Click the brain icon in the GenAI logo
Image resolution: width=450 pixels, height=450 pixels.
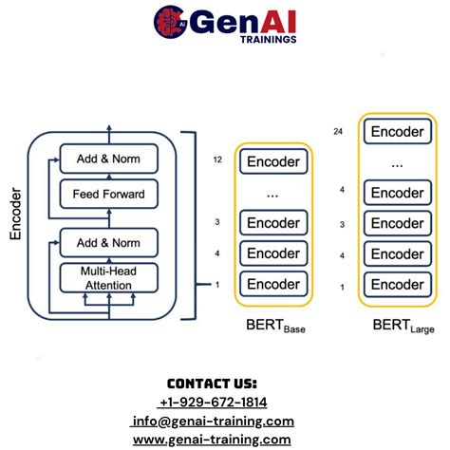pos(169,22)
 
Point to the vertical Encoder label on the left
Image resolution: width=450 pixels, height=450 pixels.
pos(16,217)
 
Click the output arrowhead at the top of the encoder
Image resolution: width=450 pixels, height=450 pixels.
pos(108,126)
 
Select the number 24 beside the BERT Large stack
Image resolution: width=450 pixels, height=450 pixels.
pos(339,130)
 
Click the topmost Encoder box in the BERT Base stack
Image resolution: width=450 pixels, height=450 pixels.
pos(273,161)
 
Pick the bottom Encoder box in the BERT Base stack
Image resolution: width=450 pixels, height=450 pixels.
pos(273,284)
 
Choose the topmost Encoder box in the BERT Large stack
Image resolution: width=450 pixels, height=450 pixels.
pos(397,131)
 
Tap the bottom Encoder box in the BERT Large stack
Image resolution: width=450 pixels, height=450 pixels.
pos(397,285)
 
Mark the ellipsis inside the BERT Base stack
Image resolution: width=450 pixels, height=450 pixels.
pos(273,193)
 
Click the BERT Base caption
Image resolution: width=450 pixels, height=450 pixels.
pos(276,327)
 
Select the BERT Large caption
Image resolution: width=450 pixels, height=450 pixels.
pos(400,327)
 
